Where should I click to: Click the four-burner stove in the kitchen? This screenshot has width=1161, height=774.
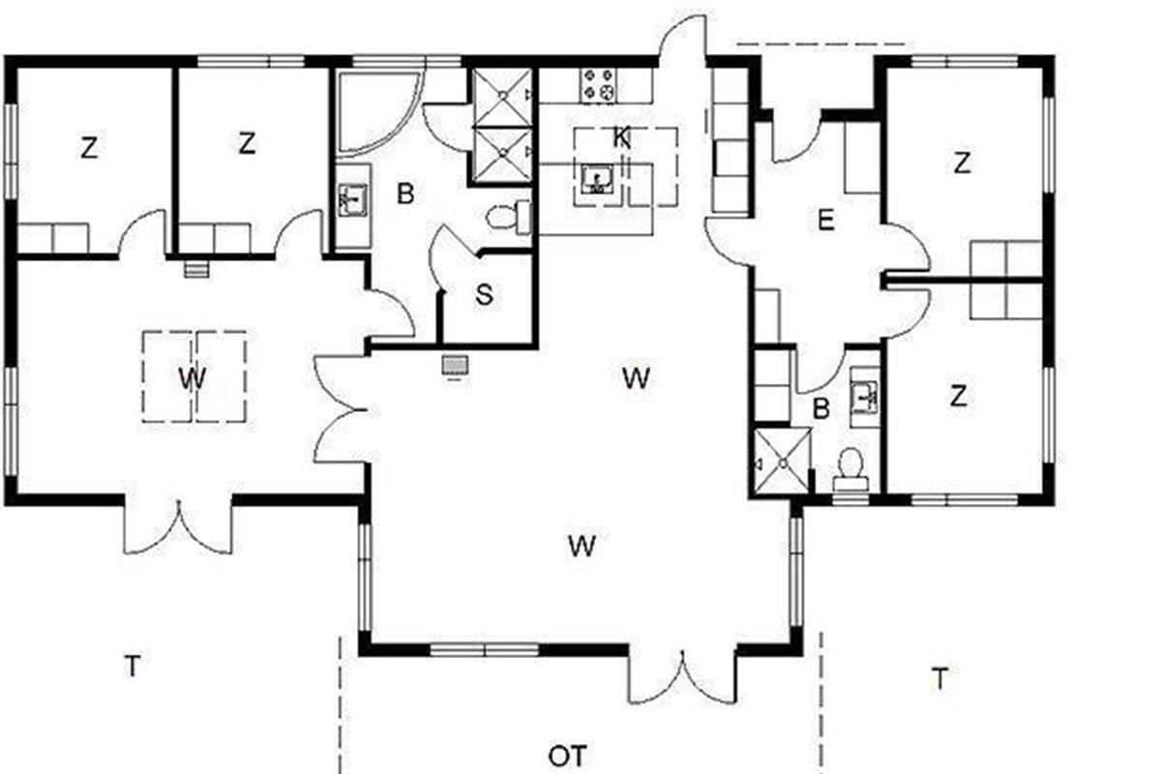[x=600, y=85]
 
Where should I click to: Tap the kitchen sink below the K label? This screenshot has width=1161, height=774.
[x=598, y=180]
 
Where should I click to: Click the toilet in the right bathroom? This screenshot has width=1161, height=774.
[x=850, y=470]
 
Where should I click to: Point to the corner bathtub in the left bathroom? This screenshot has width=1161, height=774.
[x=377, y=112]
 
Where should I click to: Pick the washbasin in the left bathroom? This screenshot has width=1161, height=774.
[x=353, y=200]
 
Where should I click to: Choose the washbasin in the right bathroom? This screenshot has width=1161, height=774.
[x=865, y=398]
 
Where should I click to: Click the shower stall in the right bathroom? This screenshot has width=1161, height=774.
[x=783, y=461]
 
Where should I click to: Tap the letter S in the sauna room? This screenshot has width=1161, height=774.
[x=484, y=295]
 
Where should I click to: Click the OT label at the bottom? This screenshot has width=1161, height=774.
[x=568, y=756]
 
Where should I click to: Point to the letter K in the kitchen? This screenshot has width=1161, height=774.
[x=621, y=138]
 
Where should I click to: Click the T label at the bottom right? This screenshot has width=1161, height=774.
[x=940, y=678]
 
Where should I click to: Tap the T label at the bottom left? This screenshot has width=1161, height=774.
[x=133, y=667]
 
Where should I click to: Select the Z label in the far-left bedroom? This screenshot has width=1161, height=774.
[x=89, y=148]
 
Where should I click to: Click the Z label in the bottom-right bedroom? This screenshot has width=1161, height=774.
[x=959, y=396]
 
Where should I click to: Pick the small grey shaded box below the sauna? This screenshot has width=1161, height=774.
[x=455, y=365]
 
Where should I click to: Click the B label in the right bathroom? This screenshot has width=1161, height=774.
[x=821, y=408]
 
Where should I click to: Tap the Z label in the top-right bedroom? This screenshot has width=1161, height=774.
[x=962, y=163]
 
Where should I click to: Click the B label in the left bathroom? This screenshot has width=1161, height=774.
[x=405, y=193]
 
